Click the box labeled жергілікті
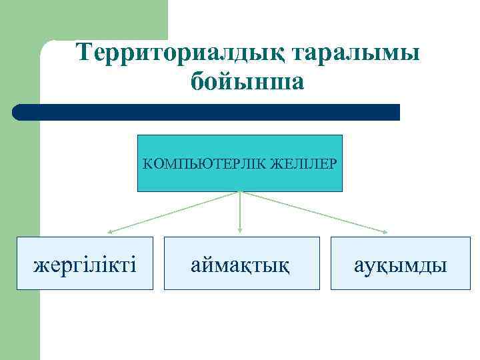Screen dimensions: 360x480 point(85,263)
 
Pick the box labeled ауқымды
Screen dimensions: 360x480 point(400,263)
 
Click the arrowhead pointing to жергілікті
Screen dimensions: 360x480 point(111,231)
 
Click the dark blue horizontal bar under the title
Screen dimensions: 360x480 point(207,112)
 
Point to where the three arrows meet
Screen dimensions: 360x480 point(240,192)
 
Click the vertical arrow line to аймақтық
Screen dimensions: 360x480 point(240,212)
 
